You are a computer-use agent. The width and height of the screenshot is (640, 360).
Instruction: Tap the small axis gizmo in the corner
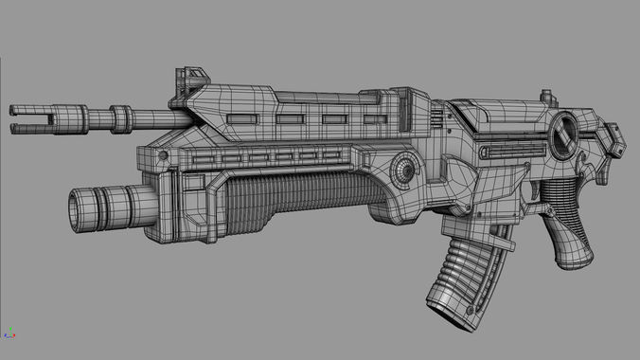tap(9, 333)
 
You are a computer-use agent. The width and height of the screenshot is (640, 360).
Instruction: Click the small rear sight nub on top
tap(546, 96)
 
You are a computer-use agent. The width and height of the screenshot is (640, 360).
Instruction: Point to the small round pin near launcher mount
tap(162, 153)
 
